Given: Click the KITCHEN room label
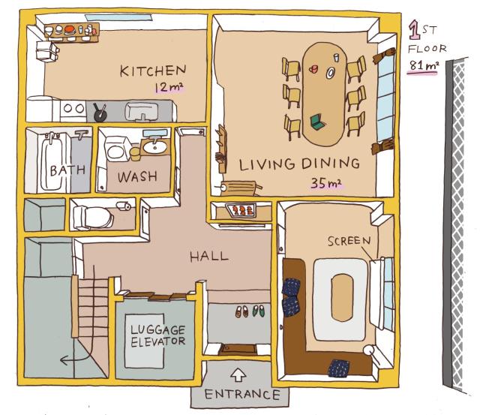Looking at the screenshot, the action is tap(153, 71).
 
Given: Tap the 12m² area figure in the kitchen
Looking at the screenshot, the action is tap(169, 87).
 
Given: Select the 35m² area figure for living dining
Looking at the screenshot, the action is tap(325, 183).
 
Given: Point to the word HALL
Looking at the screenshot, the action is tap(209, 257).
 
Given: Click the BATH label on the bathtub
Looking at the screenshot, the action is tap(67, 170).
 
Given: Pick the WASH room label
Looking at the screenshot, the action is tap(137, 176).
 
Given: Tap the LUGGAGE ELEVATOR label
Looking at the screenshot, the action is tap(157, 336).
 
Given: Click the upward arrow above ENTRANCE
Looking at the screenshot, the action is tap(238, 374).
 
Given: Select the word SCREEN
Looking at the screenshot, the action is tap(349, 241).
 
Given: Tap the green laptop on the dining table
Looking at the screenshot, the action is tap(318, 122).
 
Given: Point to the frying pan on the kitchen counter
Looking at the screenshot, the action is tap(100, 113).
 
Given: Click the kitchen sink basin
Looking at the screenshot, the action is tap(142, 111).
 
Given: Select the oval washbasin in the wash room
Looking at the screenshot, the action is tap(154, 148).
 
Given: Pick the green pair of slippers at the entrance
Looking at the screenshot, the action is tap(259, 311).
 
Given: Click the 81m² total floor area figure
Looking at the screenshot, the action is tap(424, 66).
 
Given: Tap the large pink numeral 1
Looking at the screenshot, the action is tap(415, 30).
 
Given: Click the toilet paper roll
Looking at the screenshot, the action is tap(124, 206).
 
